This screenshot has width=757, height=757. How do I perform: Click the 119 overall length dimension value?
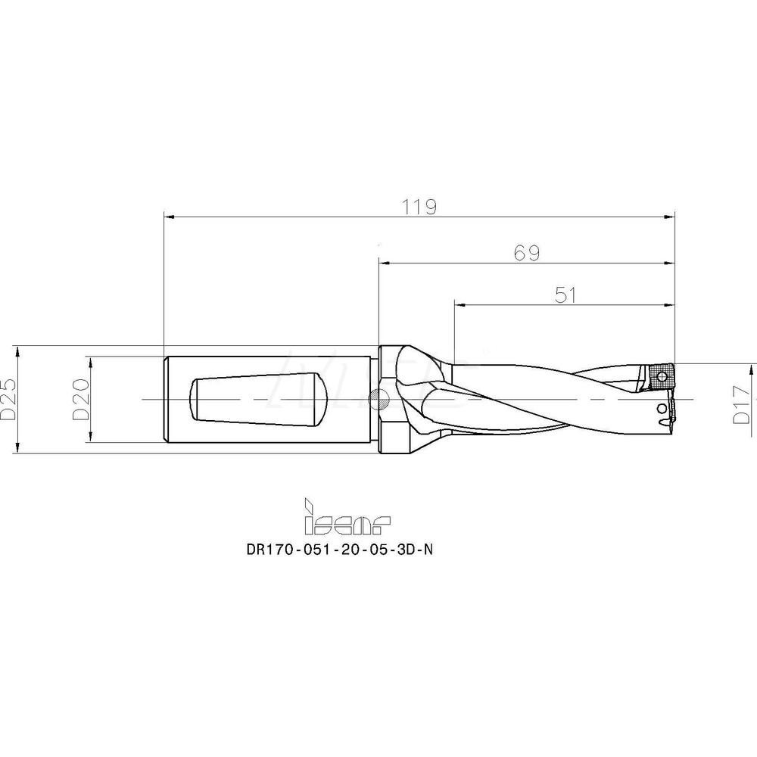[x=419, y=207]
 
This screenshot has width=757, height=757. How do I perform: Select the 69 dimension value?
[x=526, y=253]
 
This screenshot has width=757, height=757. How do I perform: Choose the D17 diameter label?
[x=743, y=405]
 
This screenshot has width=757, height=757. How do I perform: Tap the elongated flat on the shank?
[x=258, y=399]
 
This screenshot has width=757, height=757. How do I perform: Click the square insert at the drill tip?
[x=659, y=377]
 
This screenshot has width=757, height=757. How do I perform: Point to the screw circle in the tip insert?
[x=664, y=376]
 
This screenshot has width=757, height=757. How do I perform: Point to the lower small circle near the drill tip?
[x=662, y=410]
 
